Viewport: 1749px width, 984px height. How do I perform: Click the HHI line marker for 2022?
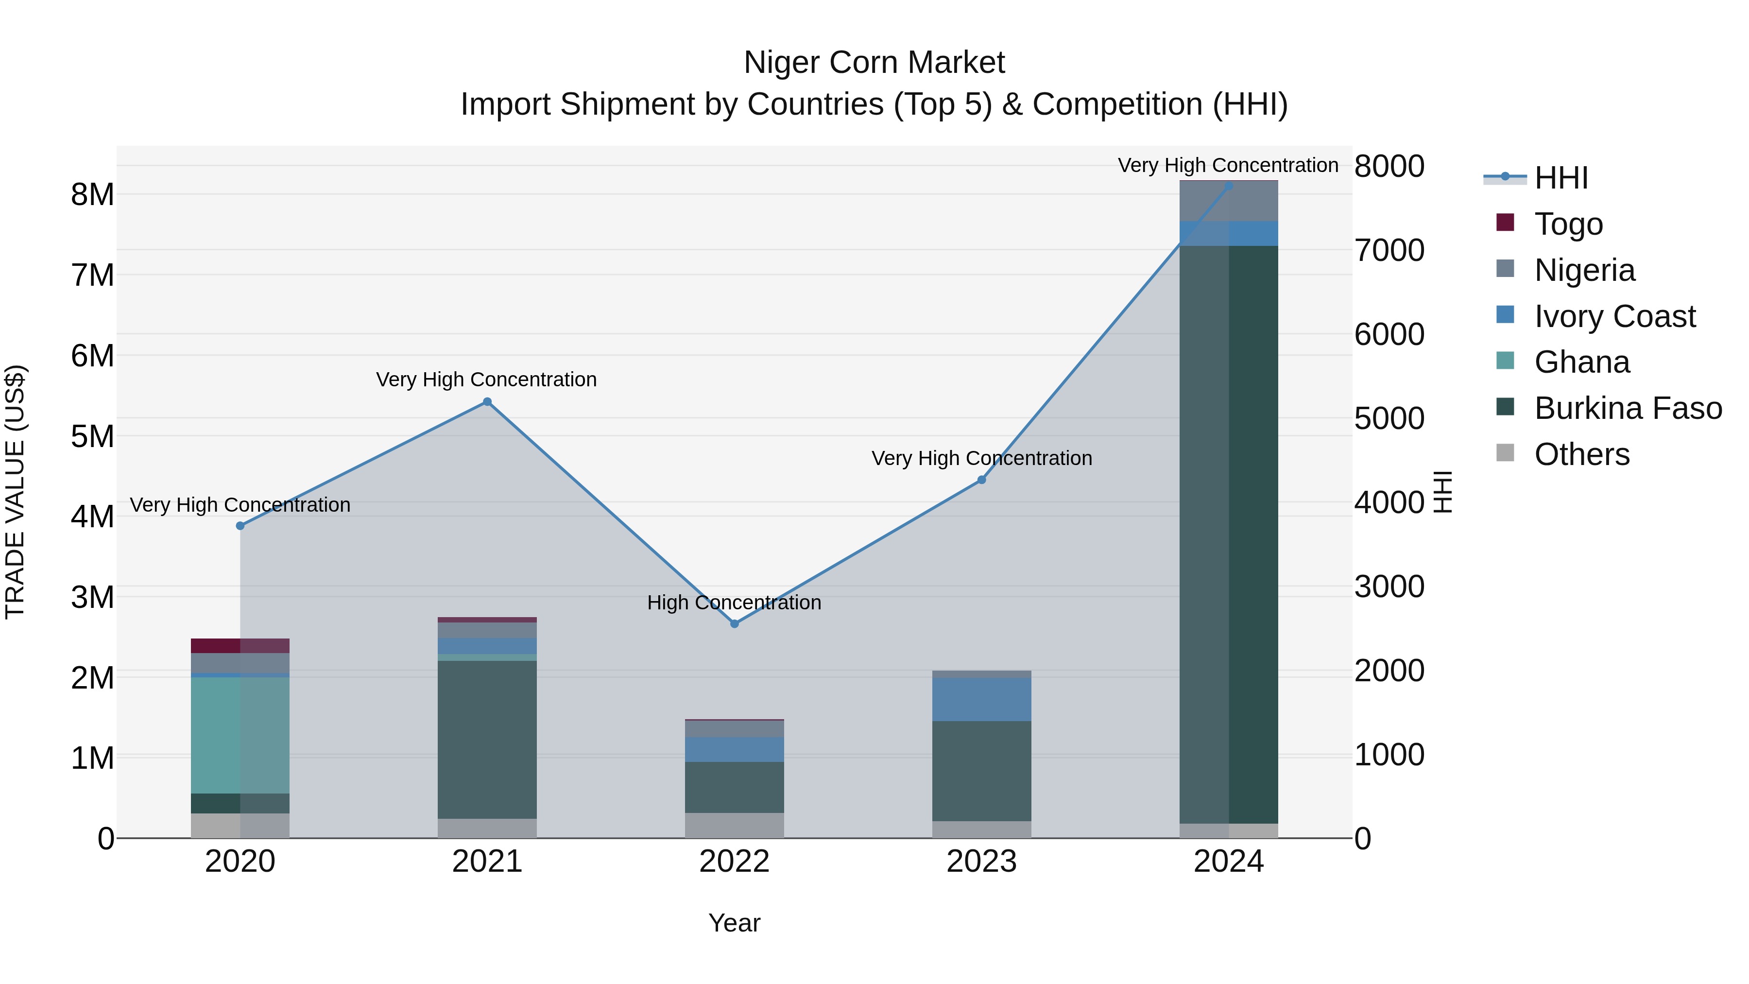click(x=734, y=623)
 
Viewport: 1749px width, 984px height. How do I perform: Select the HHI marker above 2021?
click(x=487, y=401)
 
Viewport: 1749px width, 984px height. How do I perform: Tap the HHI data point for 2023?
click(x=981, y=480)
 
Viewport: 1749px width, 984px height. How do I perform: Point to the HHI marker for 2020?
click(x=240, y=526)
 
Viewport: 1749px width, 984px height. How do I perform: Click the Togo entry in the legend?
click(x=1568, y=224)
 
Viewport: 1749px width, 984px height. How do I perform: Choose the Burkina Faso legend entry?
click(x=1628, y=408)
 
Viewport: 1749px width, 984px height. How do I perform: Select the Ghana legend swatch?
click(x=1505, y=361)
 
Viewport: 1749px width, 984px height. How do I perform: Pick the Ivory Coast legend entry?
click(x=1614, y=316)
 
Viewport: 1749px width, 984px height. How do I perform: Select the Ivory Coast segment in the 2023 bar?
click(x=981, y=699)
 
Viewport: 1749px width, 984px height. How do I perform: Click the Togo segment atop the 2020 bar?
click(x=240, y=645)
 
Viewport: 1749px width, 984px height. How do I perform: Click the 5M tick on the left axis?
click(x=92, y=436)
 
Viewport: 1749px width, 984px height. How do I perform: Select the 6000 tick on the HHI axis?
click(x=1389, y=334)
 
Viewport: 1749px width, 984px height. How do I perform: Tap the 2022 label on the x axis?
click(x=734, y=862)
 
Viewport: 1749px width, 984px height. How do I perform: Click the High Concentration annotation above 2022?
click(x=734, y=603)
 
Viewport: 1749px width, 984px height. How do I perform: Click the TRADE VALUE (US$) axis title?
click(x=15, y=492)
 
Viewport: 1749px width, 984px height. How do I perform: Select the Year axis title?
click(x=734, y=923)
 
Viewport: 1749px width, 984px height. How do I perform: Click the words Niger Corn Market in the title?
click(x=874, y=63)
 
